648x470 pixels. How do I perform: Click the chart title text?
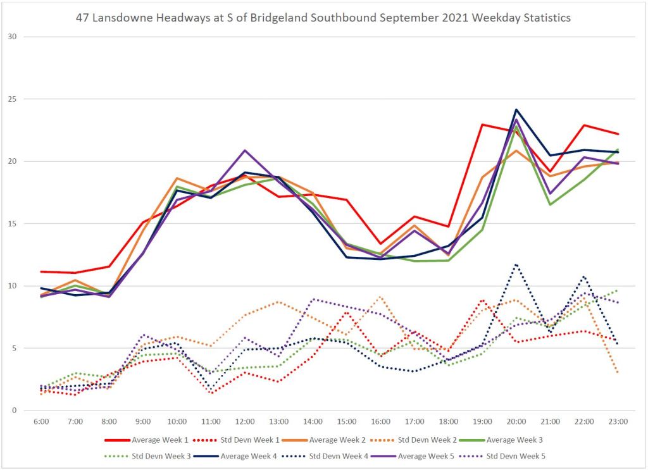[x=323, y=18]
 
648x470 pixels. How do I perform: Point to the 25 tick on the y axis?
[x=11, y=99]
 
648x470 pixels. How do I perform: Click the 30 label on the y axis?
[x=11, y=37]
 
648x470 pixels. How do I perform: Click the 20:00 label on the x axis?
[x=516, y=421]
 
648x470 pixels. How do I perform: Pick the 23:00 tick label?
[x=618, y=421]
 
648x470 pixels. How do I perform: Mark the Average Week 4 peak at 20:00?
[x=516, y=109]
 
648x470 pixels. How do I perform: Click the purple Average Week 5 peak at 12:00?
[x=245, y=151]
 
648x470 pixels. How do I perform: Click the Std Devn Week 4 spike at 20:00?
[x=516, y=264]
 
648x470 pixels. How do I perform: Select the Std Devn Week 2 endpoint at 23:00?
[x=618, y=373]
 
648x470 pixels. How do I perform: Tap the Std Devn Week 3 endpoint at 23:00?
[x=618, y=290]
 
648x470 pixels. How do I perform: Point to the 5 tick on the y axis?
[x=14, y=348]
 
